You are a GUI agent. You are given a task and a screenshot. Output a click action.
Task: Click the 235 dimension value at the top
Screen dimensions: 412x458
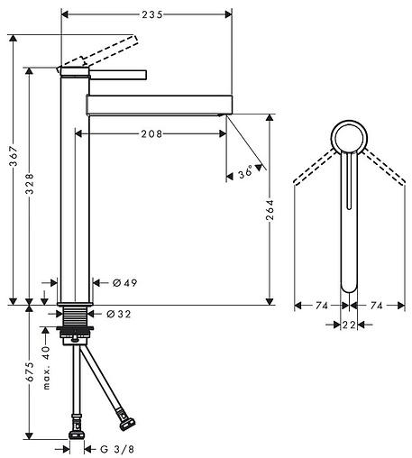pos(152,14)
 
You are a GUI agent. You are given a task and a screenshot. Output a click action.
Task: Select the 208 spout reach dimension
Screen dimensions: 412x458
pos(151,133)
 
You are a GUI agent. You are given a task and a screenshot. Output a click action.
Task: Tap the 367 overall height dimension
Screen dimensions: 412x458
pos(14,156)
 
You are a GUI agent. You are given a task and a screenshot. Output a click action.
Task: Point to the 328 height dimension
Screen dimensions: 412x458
pos(30,184)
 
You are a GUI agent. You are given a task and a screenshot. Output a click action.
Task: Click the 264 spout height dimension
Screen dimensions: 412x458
pos(270,209)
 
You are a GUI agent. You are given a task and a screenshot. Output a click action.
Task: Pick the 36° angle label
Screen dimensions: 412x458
pos(245,172)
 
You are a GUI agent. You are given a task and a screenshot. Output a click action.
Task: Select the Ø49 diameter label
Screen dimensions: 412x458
pos(124,283)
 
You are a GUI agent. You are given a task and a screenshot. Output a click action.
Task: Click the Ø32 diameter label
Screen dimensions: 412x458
pos(119,314)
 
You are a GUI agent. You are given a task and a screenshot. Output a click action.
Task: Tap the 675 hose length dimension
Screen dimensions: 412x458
pos(30,371)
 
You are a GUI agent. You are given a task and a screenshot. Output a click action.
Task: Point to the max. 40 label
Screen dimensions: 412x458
pos(46,368)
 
